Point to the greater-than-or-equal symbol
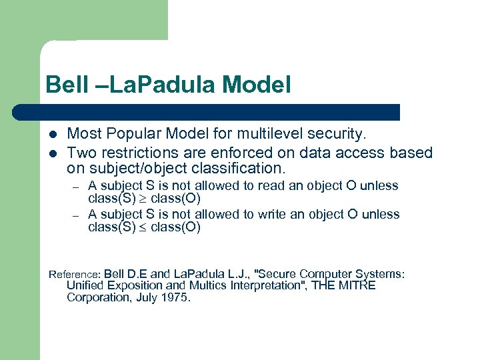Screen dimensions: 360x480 (x=143, y=199)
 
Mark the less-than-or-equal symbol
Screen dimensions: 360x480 (x=143, y=227)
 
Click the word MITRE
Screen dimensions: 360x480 (x=357, y=285)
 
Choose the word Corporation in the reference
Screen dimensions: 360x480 (x=94, y=297)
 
